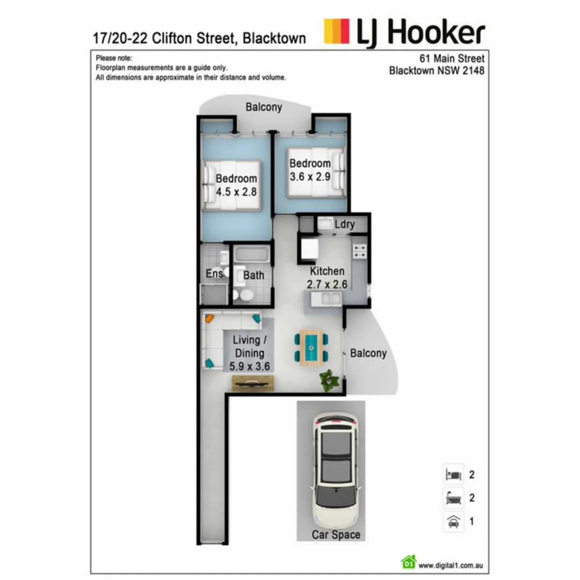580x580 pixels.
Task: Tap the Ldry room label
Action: point(344,224)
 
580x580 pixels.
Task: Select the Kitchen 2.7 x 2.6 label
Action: point(327,278)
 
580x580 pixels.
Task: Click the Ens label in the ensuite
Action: point(214,274)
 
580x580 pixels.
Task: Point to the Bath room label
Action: point(253,275)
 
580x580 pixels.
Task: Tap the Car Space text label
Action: point(336,535)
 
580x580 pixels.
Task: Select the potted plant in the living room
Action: point(329,380)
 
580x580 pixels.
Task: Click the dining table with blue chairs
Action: point(311,348)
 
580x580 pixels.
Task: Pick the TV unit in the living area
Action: point(253,382)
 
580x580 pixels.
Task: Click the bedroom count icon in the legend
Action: point(453,475)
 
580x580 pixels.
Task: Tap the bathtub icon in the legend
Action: point(453,498)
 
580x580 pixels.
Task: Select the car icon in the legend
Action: point(453,521)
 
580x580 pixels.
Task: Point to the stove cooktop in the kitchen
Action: point(359,250)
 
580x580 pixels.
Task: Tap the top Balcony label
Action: point(264,107)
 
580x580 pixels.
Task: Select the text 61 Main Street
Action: point(452,58)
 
